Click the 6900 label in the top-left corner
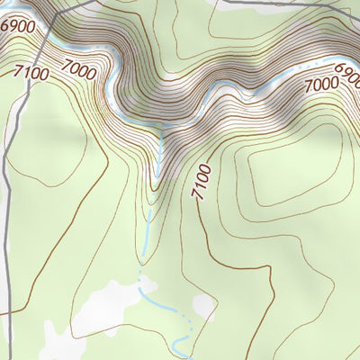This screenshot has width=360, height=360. point(18,27)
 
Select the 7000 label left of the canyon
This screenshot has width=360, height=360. point(79,67)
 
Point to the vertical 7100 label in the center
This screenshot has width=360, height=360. point(201,181)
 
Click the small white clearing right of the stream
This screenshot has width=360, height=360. point(203,306)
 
